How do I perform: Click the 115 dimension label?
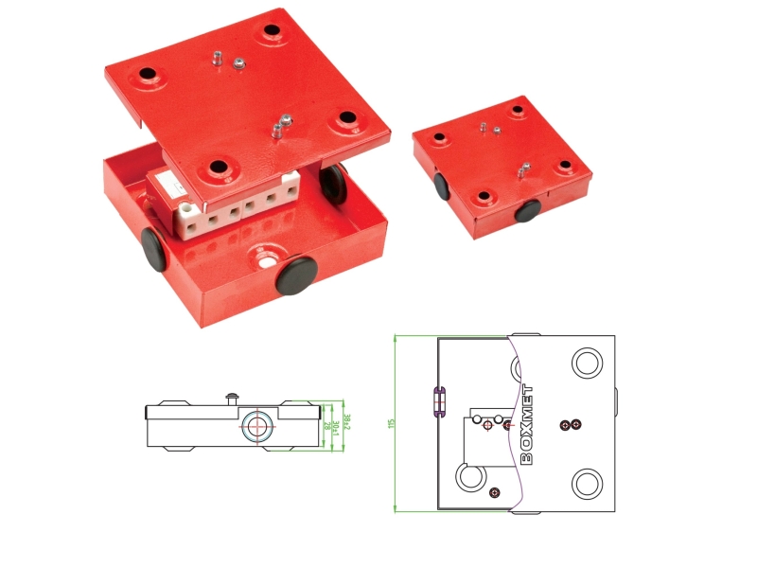[x=390, y=423]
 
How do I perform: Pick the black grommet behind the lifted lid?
[x=332, y=181]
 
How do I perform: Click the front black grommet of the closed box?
[x=528, y=209]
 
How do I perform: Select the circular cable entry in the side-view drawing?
[x=255, y=426]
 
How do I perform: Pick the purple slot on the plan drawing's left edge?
[x=438, y=401]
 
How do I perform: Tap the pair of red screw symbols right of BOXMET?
[x=571, y=424]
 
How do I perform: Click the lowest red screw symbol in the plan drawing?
[x=494, y=491]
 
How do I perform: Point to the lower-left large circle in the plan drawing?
[x=469, y=477]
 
